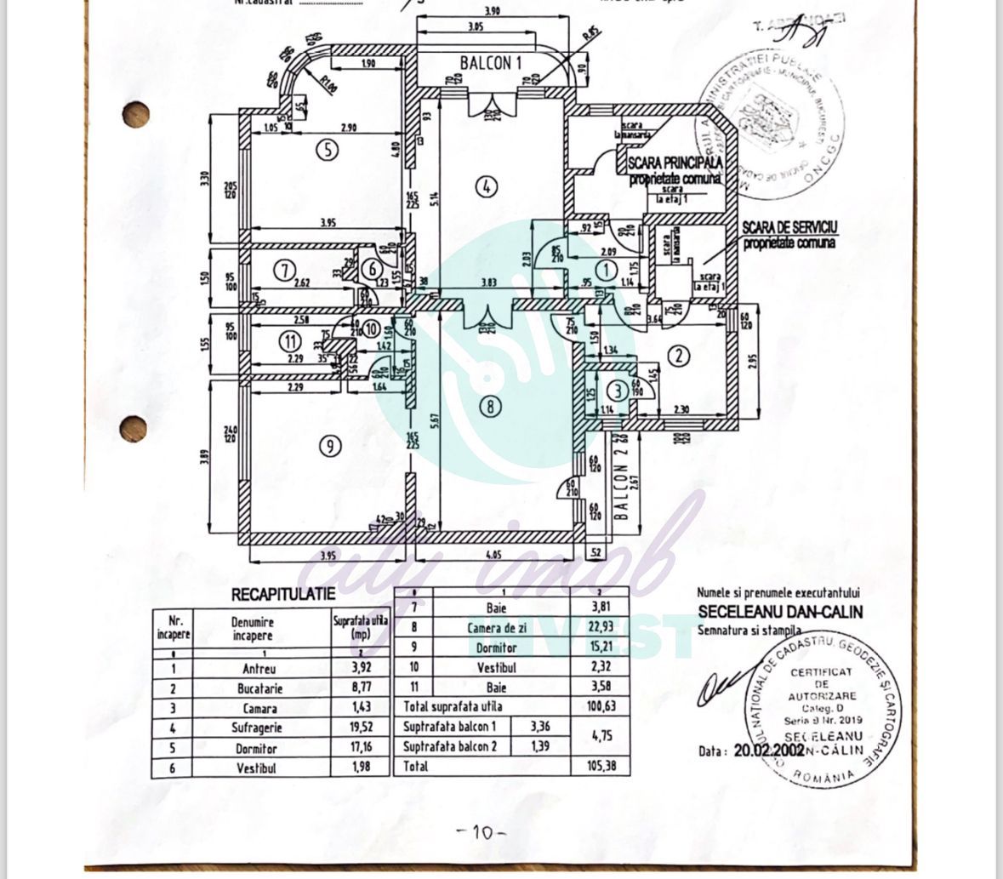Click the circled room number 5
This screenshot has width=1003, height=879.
click(x=327, y=151)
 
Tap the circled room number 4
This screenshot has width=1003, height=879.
click(x=485, y=186)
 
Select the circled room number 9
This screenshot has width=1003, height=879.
click(x=331, y=444)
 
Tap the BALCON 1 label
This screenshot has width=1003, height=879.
click(x=490, y=63)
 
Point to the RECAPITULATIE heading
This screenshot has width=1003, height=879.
click(x=283, y=595)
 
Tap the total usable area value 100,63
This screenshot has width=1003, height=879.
click(x=600, y=706)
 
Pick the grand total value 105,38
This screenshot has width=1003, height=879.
click(x=600, y=767)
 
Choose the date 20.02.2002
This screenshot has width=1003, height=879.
click(x=766, y=751)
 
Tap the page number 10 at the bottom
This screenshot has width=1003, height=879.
click(x=482, y=832)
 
